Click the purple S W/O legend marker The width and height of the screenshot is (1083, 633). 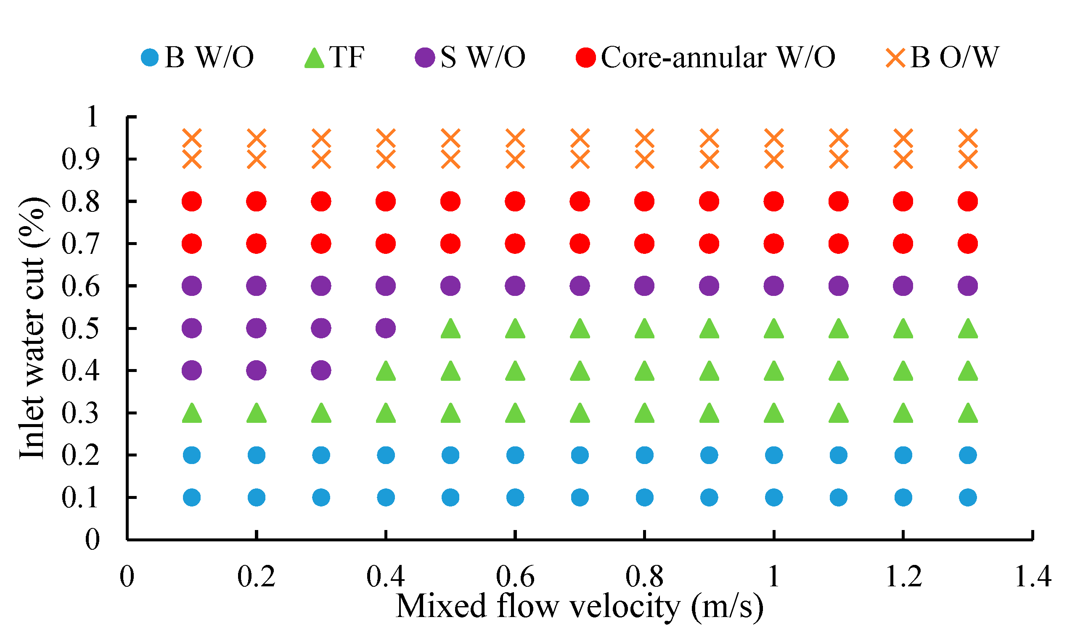point(425,58)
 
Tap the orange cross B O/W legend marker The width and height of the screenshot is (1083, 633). point(895,58)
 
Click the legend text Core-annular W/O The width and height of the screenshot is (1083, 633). point(718,58)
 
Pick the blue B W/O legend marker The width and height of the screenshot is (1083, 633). point(150,58)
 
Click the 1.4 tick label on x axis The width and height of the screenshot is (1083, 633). point(1033,576)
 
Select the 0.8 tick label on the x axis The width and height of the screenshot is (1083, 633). point(644,576)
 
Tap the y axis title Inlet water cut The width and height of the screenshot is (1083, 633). point(33,329)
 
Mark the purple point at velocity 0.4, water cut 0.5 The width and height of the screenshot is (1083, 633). point(386,329)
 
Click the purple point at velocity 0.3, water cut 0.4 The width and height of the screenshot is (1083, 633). point(321,371)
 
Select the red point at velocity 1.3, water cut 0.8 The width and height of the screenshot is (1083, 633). point(968,201)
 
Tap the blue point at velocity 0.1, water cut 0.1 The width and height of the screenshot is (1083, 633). point(192,498)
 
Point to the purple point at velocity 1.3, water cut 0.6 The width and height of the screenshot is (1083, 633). point(968,286)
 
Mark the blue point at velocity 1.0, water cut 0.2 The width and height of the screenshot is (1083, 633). point(774,455)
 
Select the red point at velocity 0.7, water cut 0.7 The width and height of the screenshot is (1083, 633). point(580,244)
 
